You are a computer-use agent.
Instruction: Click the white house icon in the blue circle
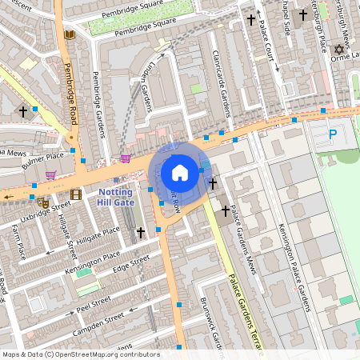180,172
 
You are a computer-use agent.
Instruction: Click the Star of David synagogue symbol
338,50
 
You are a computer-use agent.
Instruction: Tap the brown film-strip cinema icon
75,194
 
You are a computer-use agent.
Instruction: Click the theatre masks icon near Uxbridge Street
45,203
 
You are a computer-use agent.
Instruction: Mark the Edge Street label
131,265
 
